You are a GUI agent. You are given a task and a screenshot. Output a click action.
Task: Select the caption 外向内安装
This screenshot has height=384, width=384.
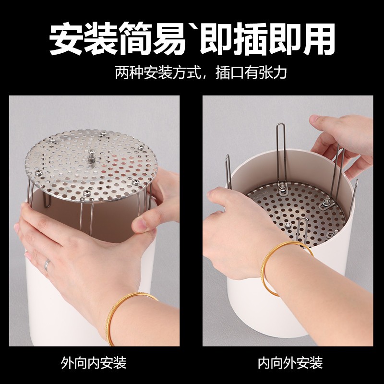point(94,362)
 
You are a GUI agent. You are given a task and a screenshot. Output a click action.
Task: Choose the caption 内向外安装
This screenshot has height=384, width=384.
point(290,362)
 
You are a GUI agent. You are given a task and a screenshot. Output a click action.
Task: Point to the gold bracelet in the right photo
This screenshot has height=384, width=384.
point(283,269)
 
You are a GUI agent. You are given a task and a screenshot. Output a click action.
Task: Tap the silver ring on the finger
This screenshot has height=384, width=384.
point(47,264)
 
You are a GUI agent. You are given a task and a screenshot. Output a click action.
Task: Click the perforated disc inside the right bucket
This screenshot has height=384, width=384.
point(298,206)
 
